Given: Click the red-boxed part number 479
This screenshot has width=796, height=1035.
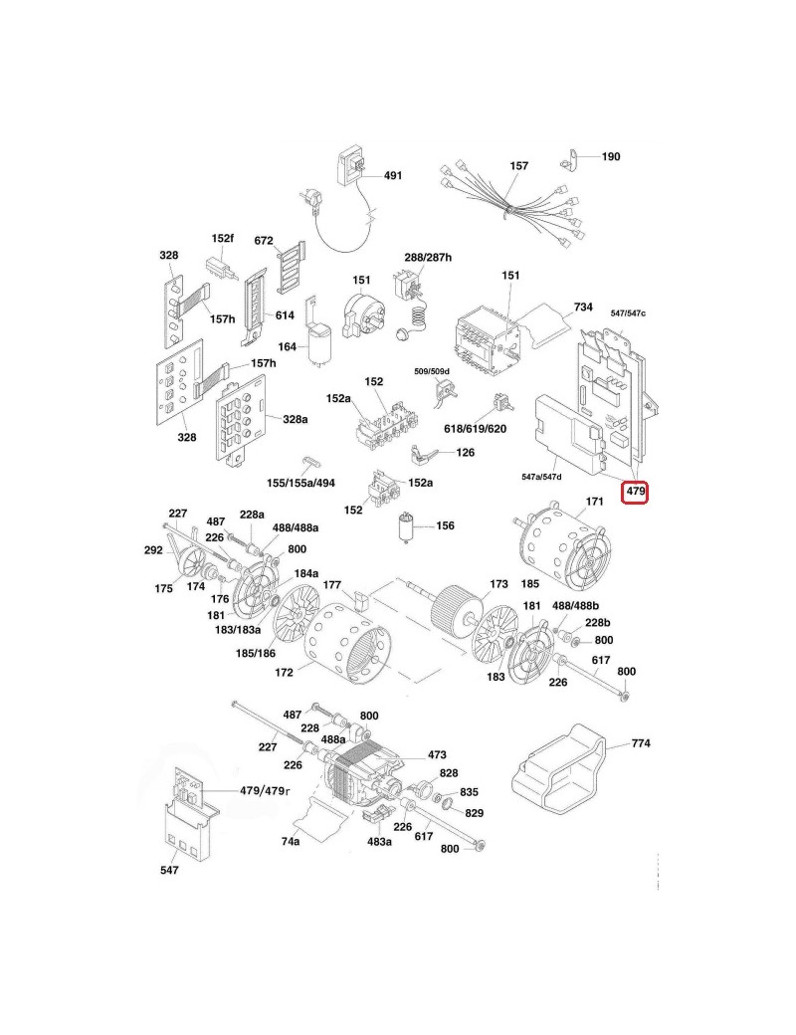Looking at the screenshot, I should point(635,491).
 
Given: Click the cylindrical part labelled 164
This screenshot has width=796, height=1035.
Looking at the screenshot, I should point(321,346).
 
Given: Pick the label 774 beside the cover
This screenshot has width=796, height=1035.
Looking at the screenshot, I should point(640,743).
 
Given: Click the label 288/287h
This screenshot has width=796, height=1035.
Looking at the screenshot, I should point(428,257).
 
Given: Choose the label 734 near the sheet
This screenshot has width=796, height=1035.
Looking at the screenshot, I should point(583,307).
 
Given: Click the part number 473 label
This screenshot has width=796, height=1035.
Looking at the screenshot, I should point(437,755).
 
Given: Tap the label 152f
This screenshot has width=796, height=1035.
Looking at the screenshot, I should point(222,239).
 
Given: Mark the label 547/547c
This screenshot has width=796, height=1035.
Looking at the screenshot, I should point(628,313).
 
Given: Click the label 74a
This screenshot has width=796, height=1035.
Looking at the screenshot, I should point(291,841).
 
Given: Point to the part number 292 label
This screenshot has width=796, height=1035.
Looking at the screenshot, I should point(153,548).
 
